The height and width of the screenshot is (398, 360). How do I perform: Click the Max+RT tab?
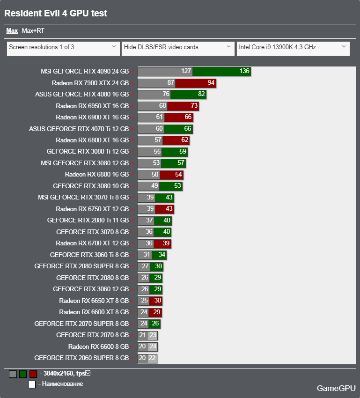coord(33,31)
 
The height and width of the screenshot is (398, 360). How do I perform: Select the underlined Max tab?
coord(12,31)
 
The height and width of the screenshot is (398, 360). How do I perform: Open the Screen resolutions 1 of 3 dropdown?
coord(63,47)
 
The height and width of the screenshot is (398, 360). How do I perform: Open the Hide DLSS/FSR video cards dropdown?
coord(177,47)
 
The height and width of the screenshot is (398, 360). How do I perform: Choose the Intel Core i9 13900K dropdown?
coord(293,47)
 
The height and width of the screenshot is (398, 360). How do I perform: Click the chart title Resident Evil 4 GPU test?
coord(56,13)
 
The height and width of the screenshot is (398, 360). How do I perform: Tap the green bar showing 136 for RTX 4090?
coord(221,71)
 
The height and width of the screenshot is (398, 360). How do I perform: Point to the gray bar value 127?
coord(186,71)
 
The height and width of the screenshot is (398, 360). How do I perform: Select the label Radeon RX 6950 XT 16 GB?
coord(92,106)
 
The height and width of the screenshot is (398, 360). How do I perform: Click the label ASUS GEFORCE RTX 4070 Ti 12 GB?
coord(79,129)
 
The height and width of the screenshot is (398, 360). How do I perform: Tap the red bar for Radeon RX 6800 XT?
coord(176,140)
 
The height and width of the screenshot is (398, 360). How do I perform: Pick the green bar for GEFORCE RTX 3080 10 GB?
coord(171,186)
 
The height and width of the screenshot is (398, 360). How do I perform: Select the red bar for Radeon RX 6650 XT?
coord(156,301)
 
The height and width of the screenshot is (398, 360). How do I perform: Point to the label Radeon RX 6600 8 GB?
coord(98,346)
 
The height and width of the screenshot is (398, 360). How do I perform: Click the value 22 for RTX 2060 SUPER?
coord(152,358)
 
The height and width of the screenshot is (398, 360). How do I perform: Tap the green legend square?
coord(23,374)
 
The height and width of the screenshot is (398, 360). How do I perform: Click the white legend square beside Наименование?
coord(32,384)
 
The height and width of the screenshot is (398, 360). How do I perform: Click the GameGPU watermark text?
coord(336,388)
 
